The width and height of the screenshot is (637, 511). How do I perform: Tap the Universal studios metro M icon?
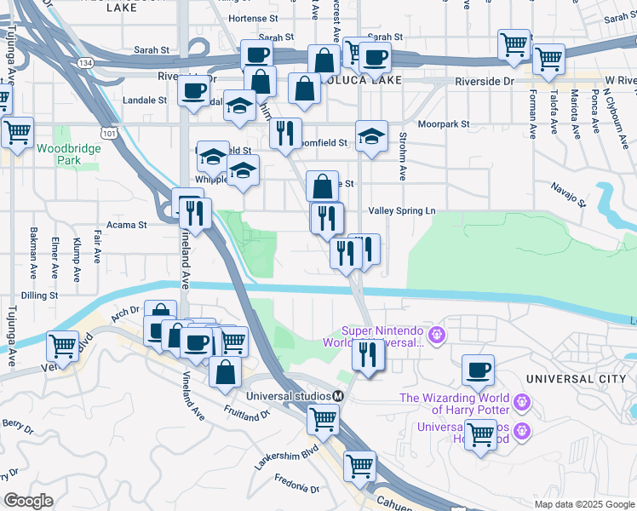338,396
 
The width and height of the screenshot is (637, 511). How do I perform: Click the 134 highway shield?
84,63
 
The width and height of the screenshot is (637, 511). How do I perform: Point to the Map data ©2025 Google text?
583,504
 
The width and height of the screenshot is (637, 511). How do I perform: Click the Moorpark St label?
444,124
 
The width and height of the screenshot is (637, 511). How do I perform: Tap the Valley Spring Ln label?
401,210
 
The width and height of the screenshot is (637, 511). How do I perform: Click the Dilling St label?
39,296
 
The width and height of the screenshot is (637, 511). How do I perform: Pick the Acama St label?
125,225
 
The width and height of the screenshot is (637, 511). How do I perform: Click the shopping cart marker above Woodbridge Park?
17,132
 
